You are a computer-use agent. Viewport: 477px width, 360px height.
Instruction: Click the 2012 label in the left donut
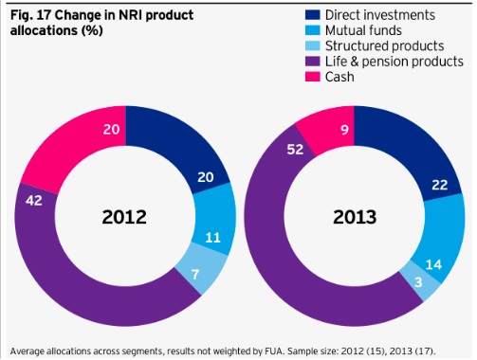(123, 217)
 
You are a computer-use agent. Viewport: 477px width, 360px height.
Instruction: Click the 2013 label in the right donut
(355, 217)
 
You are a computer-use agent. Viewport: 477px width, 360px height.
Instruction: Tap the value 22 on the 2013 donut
(440, 185)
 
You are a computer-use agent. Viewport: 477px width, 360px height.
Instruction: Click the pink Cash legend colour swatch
(314, 77)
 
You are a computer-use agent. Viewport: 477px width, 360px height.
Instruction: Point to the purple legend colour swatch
(314, 61)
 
